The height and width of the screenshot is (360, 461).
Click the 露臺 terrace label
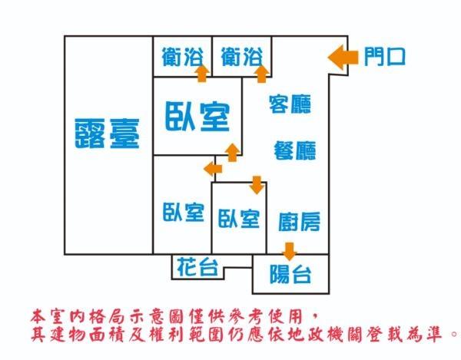(108, 134)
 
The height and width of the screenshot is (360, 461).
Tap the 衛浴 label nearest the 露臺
(182, 56)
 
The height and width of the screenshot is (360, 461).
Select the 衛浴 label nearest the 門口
(241, 56)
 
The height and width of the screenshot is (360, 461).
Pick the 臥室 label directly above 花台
(183, 213)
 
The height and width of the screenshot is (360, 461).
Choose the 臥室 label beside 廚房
(238, 219)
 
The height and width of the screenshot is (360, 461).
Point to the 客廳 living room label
(290, 104)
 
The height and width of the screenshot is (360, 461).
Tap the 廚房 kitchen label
(299, 223)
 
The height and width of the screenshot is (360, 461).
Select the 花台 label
(197, 267)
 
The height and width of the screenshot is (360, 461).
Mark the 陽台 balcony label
(290, 274)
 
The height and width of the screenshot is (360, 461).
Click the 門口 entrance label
(385, 56)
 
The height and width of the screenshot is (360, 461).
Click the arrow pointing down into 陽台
(289, 250)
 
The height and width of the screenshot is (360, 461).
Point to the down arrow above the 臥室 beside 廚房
(257, 185)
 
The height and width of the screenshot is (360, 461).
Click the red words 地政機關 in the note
(345, 334)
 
